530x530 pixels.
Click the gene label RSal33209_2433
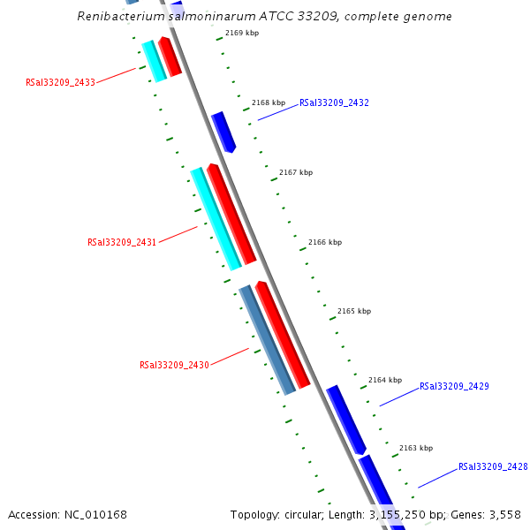[x=60, y=82]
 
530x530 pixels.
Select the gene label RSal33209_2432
[x=334, y=103]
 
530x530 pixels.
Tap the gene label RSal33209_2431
[x=122, y=242]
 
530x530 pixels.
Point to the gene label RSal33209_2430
[x=174, y=365]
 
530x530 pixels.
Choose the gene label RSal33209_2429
[x=454, y=386]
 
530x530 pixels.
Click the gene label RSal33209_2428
[x=493, y=466]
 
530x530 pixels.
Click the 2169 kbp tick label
[x=242, y=33]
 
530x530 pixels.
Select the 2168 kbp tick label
[x=269, y=102]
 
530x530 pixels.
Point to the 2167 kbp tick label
[x=296, y=172]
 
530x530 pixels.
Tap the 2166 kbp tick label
[x=325, y=242]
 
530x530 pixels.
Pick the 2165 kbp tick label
[x=354, y=311]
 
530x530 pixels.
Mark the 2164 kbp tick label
[x=385, y=380]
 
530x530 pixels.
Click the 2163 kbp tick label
[x=416, y=448]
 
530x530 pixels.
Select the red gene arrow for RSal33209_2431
[x=231, y=214]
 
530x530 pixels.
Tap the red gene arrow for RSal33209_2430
[x=283, y=335]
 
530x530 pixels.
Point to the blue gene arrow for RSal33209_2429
[x=346, y=420]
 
